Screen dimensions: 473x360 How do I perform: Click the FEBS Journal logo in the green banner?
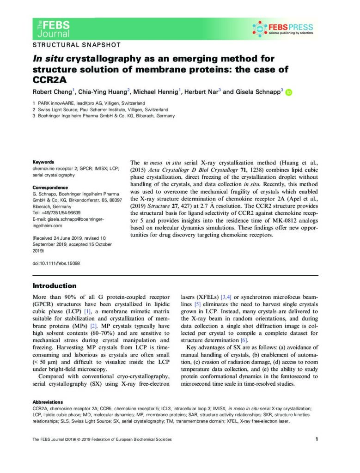coord(53,28)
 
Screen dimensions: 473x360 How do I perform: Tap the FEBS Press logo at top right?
coord(283,29)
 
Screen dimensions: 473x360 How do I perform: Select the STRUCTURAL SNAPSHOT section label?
coord(76,45)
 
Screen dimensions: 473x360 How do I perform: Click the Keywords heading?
coord(43,162)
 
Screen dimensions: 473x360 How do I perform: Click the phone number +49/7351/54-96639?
coord(61,213)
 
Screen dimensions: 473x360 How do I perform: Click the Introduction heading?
coord(55,286)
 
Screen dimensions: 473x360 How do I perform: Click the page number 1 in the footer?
coord(317,439)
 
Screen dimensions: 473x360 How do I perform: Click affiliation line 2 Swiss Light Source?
coord(100,109)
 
